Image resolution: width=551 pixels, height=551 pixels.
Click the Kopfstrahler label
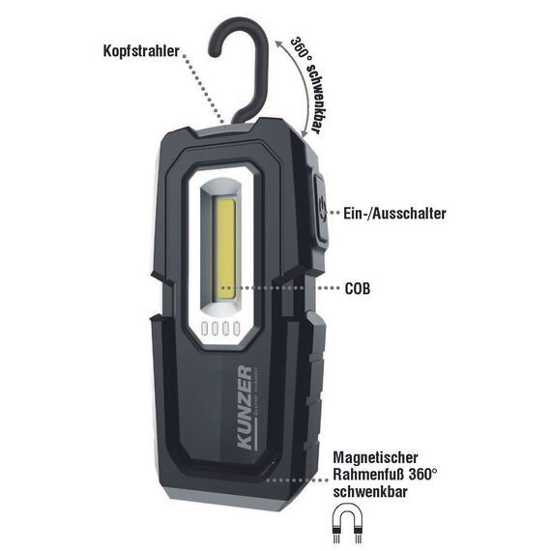tap(141, 51)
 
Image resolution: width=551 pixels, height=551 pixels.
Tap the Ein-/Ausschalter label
tap(394, 214)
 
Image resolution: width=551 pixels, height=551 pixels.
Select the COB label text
tap(358, 288)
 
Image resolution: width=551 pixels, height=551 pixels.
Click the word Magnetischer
tap(375, 457)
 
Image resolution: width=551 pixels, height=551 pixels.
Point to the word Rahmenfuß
tap(368, 474)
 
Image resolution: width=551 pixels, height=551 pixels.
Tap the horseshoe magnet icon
tap(347, 522)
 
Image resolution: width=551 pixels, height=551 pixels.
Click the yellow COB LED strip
tap(225, 249)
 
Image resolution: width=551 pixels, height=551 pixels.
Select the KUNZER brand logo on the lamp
tap(246, 408)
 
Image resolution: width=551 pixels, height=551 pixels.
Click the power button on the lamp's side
tap(321, 209)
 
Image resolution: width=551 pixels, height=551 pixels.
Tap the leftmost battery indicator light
tap(205, 329)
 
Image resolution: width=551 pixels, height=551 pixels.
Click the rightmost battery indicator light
tap(237, 329)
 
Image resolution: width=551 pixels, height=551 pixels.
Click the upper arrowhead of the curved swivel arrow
tap(278, 43)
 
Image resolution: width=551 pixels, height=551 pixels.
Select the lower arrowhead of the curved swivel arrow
tap(304, 133)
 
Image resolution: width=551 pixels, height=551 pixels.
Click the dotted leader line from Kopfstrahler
tap(205, 90)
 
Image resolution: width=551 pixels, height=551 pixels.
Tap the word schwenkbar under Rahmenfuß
tap(370, 491)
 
